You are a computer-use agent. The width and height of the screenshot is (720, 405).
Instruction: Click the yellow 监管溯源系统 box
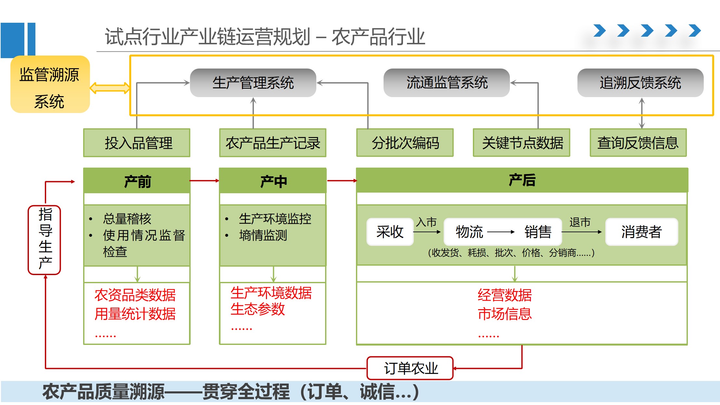coord(50,84)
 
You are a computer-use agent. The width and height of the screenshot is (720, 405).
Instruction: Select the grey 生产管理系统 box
coord(253,83)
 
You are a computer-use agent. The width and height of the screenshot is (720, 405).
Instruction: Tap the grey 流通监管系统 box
coord(447,83)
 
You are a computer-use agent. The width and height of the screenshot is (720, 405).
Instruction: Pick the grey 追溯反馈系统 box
coord(640,83)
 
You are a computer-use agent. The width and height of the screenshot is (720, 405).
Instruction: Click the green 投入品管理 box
coord(137,143)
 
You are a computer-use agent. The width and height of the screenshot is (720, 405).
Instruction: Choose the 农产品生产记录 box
coord(273,143)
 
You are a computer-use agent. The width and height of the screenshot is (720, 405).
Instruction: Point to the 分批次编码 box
coord(405,143)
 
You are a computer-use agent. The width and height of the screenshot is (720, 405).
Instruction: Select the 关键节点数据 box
coord(522,143)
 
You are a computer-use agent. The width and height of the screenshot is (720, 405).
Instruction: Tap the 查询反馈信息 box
coord(638,143)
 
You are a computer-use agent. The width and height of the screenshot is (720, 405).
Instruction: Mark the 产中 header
coord(273,181)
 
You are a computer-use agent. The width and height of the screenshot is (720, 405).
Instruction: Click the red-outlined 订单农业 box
coord(410,368)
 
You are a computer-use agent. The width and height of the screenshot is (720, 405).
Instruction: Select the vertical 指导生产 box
coord(44,240)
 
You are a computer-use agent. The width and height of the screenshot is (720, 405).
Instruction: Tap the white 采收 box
coord(390,232)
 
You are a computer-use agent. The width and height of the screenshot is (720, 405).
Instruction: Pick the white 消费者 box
coord(641,232)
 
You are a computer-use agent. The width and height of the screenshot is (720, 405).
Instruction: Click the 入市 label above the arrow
coord(426,222)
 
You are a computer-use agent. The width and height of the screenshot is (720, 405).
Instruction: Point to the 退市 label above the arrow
coord(580,222)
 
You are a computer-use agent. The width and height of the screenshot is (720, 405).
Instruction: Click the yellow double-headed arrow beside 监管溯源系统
coord(109,88)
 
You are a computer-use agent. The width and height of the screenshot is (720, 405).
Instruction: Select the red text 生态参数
coord(258,309)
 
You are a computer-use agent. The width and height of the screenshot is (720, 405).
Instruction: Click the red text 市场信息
coord(504,314)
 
